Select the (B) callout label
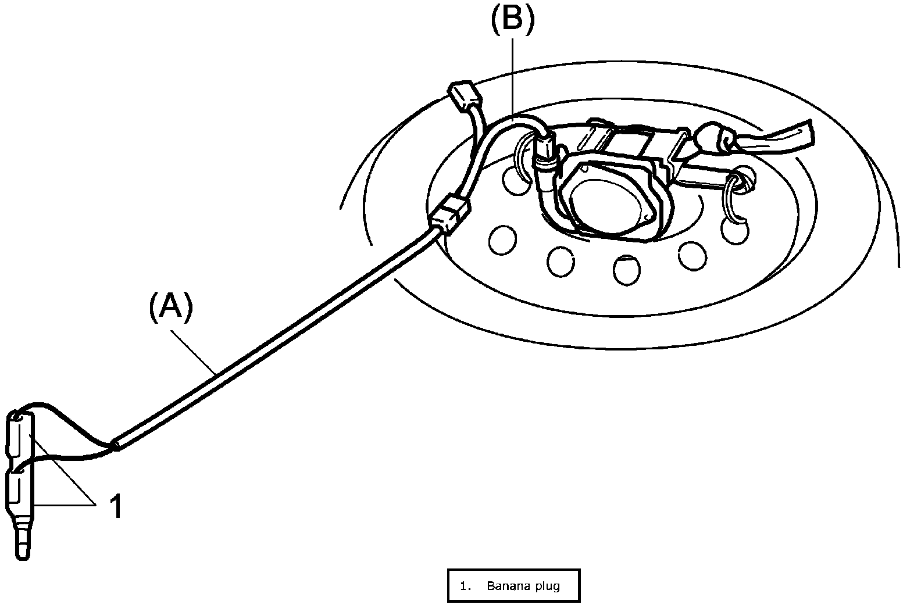pos(511,19)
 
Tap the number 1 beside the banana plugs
pos(116,506)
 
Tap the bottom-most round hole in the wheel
pos(626,270)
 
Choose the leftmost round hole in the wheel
pos(502,239)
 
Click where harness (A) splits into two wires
pos(116,445)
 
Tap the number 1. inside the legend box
pos(465,586)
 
